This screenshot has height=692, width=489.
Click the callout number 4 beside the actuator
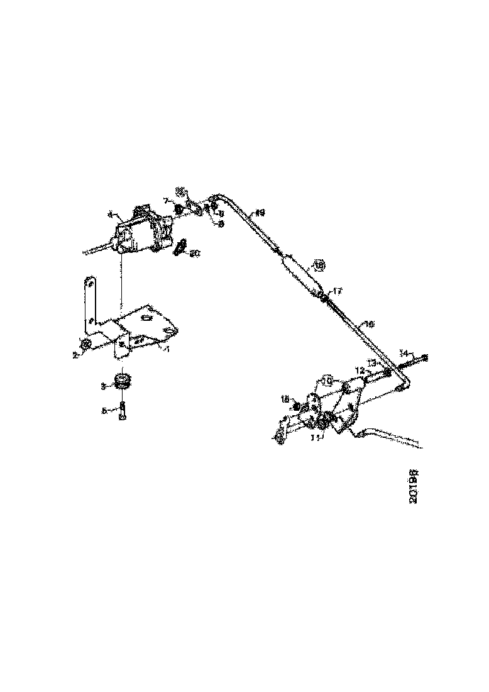tap(111, 215)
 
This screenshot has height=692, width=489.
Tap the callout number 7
tap(166, 200)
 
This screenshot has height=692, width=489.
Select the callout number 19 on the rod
tap(259, 213)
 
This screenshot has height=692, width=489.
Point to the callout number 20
tap(195, 254)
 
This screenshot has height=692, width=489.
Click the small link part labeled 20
tap(181, 247)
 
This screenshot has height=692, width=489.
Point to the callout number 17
tap(338, 291)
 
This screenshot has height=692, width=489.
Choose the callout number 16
tap(370, 325)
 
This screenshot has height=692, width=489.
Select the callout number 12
tap(360, 371)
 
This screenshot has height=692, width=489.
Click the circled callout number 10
tap(326, 381)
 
